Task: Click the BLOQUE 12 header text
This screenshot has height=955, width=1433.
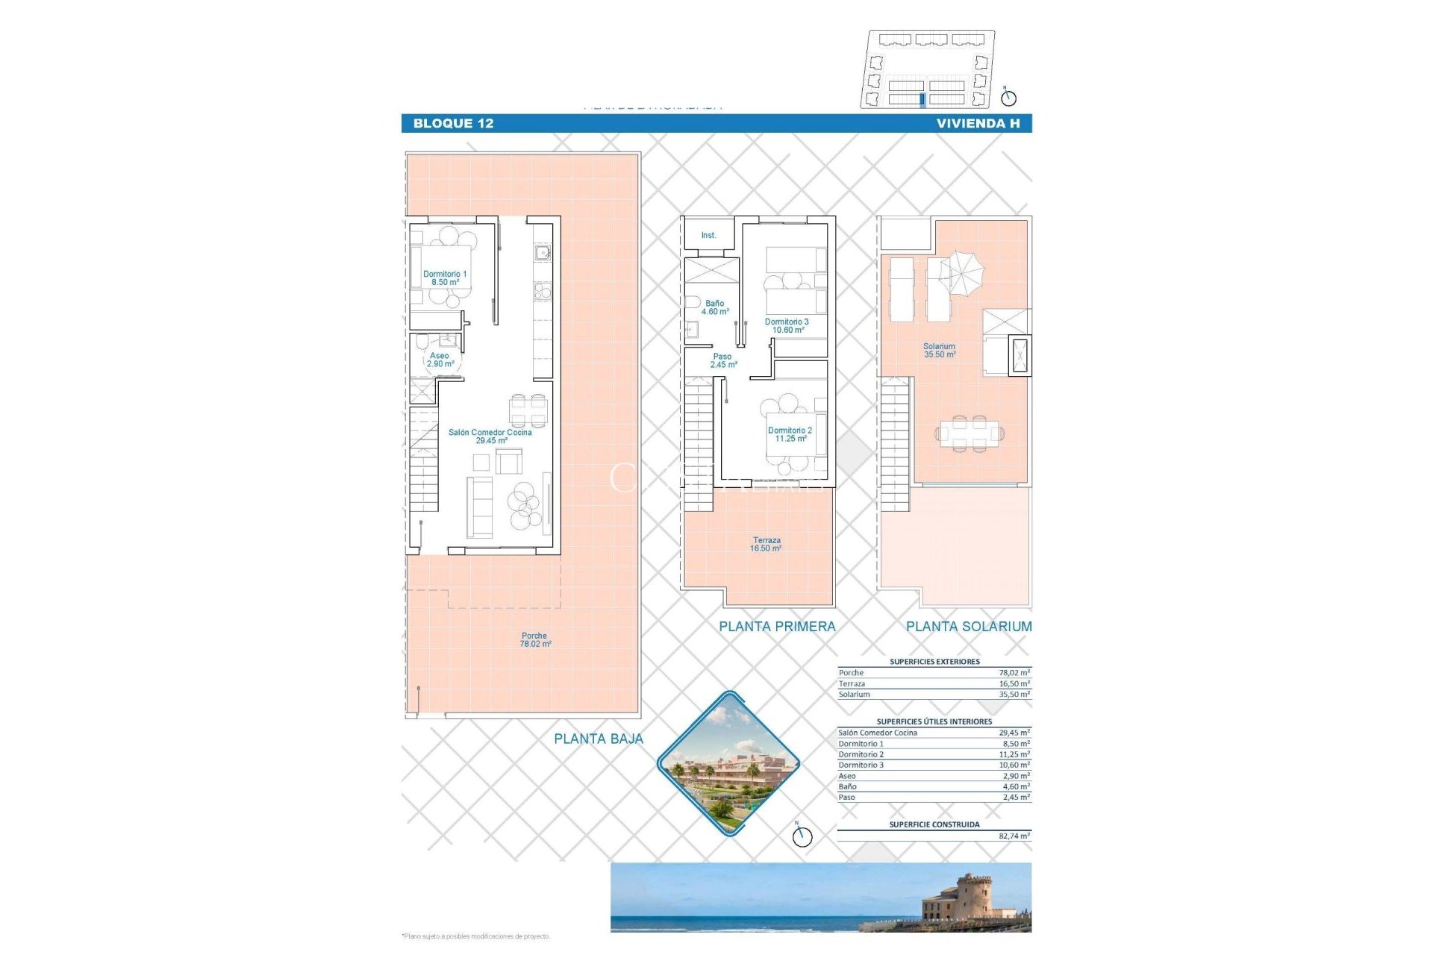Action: coord(453,124)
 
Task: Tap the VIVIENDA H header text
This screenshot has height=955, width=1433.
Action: coord(978,124)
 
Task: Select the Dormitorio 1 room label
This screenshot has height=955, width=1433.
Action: coord(445,278)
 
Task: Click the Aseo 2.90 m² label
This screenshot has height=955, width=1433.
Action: coord(440,360)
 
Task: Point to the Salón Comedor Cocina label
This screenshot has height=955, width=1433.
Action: coord(490,436)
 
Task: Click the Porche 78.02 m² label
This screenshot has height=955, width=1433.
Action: coord(534,640)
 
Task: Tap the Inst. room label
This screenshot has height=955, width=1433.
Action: coord(708,236)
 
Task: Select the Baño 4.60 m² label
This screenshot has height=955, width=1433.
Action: coord(714,307)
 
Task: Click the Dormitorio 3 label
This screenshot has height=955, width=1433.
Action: coord(787,326)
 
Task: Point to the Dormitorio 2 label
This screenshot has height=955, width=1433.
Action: coord(790,434)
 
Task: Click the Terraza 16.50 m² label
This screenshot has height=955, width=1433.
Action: coord(767,545)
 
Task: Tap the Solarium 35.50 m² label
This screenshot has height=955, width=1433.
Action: coord(939,351)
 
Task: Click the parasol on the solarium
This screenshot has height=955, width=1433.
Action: coord(962,272)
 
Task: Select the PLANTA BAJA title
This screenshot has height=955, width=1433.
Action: coord(598,739)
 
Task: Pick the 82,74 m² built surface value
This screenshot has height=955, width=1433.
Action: coord(1014,836)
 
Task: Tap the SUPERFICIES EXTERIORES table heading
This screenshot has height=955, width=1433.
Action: coord(934,662)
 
